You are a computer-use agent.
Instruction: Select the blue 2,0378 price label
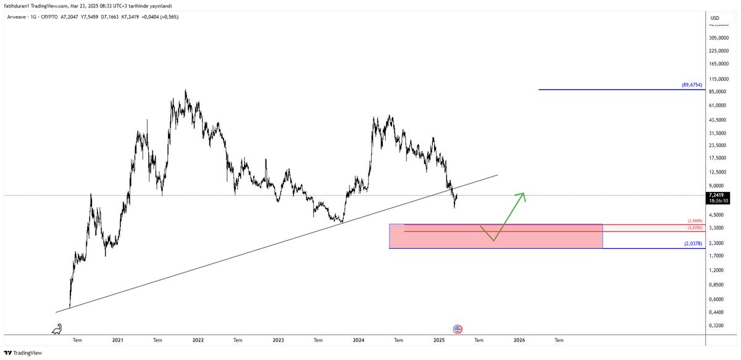(x=692, y=243)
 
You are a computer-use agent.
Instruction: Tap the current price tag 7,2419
(x=719, y=195)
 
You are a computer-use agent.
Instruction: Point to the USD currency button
(x=715, y=17)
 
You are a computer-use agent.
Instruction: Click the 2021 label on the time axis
(x=118, y=340)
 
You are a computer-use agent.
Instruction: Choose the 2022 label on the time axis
(x=198, y=340)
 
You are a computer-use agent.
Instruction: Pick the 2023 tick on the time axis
(x=278, y=340)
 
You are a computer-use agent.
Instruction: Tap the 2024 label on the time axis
(x=359, y=340)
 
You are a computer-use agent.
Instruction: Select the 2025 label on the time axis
(x=439, y=340)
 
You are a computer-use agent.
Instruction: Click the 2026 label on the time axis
(x=519, y=340)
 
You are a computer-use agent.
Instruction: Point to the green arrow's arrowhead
(x=522, y=196)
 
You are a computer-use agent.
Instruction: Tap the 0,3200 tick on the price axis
(x=719, y=325)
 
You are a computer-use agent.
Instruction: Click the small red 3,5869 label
(x=695, y=221)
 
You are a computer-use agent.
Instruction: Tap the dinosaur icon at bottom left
(x=57, y=329)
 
